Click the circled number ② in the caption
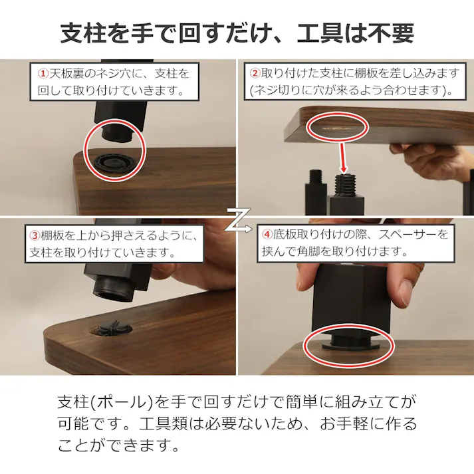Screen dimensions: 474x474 click(x=255, y=72)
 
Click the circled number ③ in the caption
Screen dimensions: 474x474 click(x=35, y=235)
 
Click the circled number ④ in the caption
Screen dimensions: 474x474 click(x=267, y=235)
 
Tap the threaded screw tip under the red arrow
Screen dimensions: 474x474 click(x=344, y=181)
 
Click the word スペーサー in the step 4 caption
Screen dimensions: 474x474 click(x=412, y=235)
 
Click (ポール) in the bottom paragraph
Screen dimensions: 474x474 click(x=122, y=402)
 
